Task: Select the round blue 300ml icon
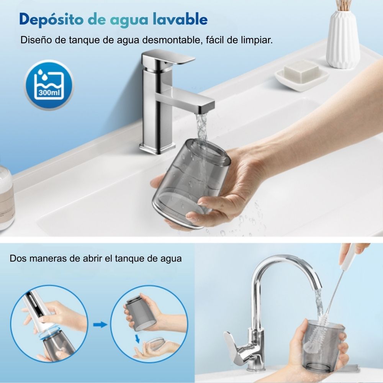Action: pos(48,85)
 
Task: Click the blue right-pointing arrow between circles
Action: pos(100,325)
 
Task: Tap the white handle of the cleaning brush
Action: pos(350,255)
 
